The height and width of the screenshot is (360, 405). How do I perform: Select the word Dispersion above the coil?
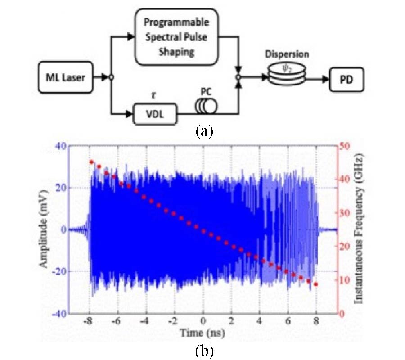click(x=287, y=54)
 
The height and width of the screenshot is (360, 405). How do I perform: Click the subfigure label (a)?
click(x=202, y=131)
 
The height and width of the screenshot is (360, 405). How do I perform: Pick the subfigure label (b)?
click(x=203, y=350)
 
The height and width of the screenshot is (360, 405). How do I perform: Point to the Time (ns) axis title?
click(x=203, y=333)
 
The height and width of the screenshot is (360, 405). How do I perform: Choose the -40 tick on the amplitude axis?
click(x=59, y=313)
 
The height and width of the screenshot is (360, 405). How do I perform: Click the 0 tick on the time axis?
click(x=203, y=323)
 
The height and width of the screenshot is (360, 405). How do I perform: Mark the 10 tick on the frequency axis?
click(x=345, y=280)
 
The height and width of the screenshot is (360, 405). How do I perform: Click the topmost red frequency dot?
click(x=91, y=162)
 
